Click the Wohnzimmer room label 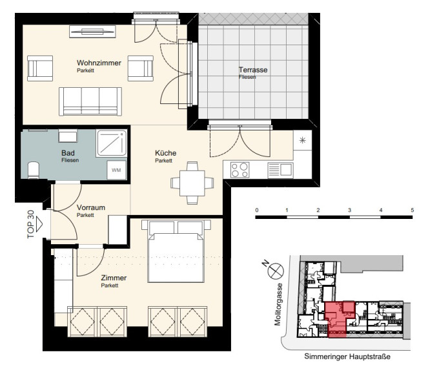[99, 63]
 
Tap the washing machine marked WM [116, 170]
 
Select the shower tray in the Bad [112, 143]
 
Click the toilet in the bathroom [34, 170]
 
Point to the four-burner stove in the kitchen [239, 170]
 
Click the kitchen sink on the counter [280, 170]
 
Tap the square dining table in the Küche [192, 183]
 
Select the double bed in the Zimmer [176, 251]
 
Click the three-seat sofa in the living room [90, 101]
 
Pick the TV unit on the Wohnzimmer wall [92, 32]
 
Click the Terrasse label [253, 70]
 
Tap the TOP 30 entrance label [31, 224]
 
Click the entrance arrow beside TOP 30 [39, 224]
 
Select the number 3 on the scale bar [349, 211]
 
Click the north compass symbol [276, 271]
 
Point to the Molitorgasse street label [278, 305]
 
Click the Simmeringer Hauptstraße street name [347, 356]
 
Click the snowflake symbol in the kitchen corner [302, 140]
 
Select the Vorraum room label [91, 207]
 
